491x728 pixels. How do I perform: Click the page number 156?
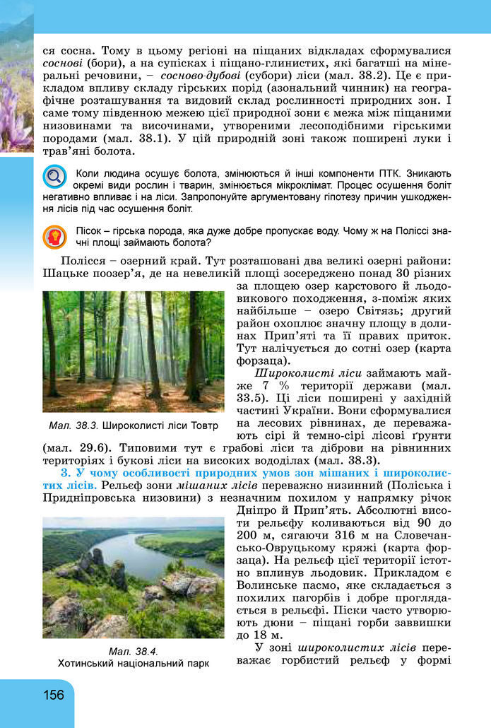tap(52, 694)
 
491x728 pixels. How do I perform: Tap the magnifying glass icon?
tap(54, 176)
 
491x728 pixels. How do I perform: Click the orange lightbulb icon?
tap(54, 237)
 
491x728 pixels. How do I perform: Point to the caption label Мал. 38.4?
tap(133, 651)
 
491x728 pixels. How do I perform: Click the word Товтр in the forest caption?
tap(203, 425)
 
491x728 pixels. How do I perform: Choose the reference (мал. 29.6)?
tap(78, 448)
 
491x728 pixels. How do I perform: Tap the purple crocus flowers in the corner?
tap(14, 113)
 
